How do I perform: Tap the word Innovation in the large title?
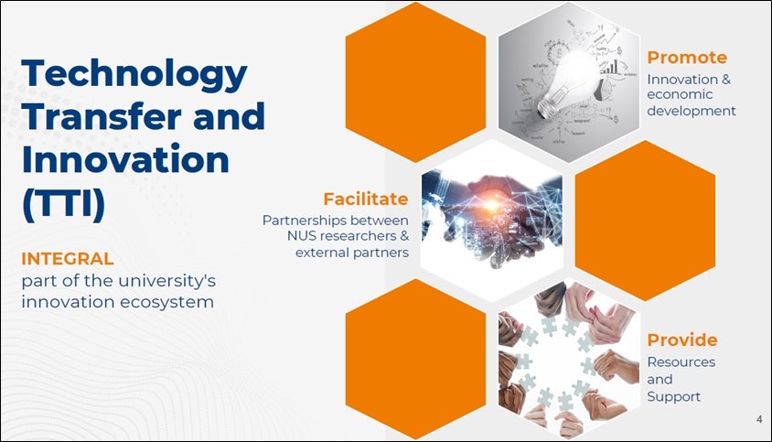tap(125, 159)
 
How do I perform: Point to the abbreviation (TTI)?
tap(63, 203)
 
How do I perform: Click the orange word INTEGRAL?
tap(68, 259)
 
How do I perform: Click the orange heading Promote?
tap(687, 57)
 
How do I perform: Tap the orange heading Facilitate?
tap(365, 199)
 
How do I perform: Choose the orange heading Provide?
tap(681, 340)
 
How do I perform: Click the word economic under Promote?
tap(680, 94)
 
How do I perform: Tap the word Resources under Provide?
tap(681, 362)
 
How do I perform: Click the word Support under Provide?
tap(673, 396)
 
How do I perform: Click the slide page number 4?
tap(758, 419)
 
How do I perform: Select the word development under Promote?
tap(692, 111)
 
